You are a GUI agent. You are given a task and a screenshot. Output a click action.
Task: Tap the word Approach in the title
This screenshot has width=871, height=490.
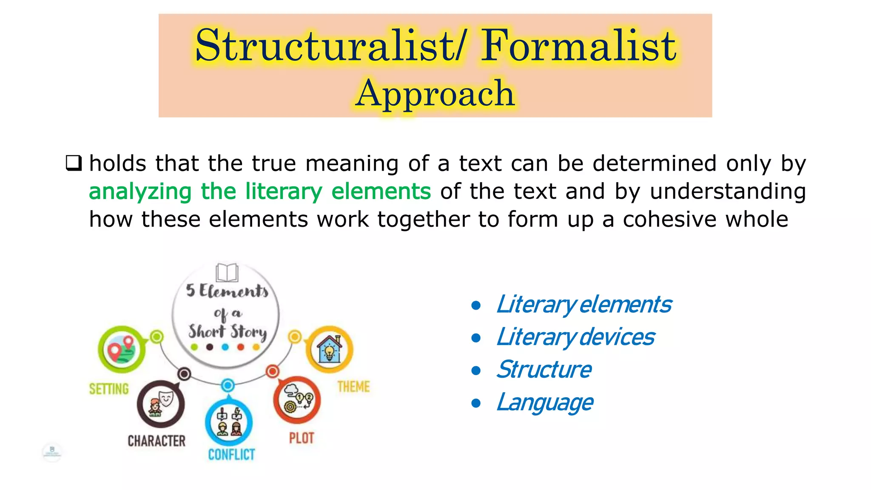click(435, 94)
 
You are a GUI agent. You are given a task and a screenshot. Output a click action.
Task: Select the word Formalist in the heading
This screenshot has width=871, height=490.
click(578, 46)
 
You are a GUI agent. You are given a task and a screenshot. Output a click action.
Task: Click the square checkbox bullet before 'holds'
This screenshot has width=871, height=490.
click(74, 163)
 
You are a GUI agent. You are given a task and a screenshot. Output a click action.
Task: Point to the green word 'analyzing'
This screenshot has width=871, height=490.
click(140, 191)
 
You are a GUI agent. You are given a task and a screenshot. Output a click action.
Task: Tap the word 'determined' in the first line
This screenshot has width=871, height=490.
click(655, 163)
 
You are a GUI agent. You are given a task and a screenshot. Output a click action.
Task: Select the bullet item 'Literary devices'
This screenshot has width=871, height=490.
click(575, 337)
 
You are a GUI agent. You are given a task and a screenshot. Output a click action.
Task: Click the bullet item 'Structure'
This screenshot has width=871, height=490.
click(544, 370)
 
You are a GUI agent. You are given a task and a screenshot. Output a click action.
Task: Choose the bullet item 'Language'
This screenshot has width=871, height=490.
click(545, 402)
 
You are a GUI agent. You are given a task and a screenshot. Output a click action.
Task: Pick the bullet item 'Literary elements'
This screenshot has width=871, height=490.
click(584, 305)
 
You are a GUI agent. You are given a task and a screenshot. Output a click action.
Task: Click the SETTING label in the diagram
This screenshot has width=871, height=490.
click(109, 389)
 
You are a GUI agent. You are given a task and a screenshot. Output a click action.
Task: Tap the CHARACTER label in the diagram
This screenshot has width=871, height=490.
click(157, 441)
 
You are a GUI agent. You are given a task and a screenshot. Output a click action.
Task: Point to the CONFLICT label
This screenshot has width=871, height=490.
click(231, 455)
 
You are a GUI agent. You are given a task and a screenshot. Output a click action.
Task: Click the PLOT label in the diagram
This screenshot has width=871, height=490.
click(302, 438)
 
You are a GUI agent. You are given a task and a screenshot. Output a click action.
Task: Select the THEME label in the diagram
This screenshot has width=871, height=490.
click(353, 387)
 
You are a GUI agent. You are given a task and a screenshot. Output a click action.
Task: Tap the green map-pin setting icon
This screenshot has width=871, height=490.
click(122, 350)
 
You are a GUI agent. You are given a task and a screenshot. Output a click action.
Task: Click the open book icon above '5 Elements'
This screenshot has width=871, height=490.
click(227, 272)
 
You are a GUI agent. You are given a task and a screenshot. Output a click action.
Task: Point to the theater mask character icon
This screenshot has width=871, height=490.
click(161, 404)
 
